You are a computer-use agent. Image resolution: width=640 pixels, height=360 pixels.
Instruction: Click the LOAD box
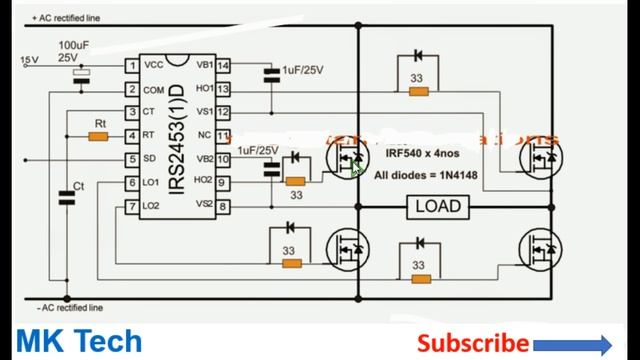[437, 206]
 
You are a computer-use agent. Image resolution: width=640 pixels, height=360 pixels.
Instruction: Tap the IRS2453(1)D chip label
[176, 135]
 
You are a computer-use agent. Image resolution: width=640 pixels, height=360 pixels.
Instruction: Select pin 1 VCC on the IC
[132, 65]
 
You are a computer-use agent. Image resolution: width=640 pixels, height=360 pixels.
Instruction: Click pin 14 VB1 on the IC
[223, 65]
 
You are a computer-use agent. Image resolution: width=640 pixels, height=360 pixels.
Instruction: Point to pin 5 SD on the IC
[132, 159]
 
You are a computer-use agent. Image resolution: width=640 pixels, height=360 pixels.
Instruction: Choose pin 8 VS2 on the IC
[223, 205]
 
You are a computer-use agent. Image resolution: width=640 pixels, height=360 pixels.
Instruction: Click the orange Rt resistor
[98, 136]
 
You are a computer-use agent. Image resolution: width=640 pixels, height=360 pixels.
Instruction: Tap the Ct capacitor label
[79, 187]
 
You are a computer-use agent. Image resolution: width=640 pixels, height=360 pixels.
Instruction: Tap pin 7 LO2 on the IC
[132, 205]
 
